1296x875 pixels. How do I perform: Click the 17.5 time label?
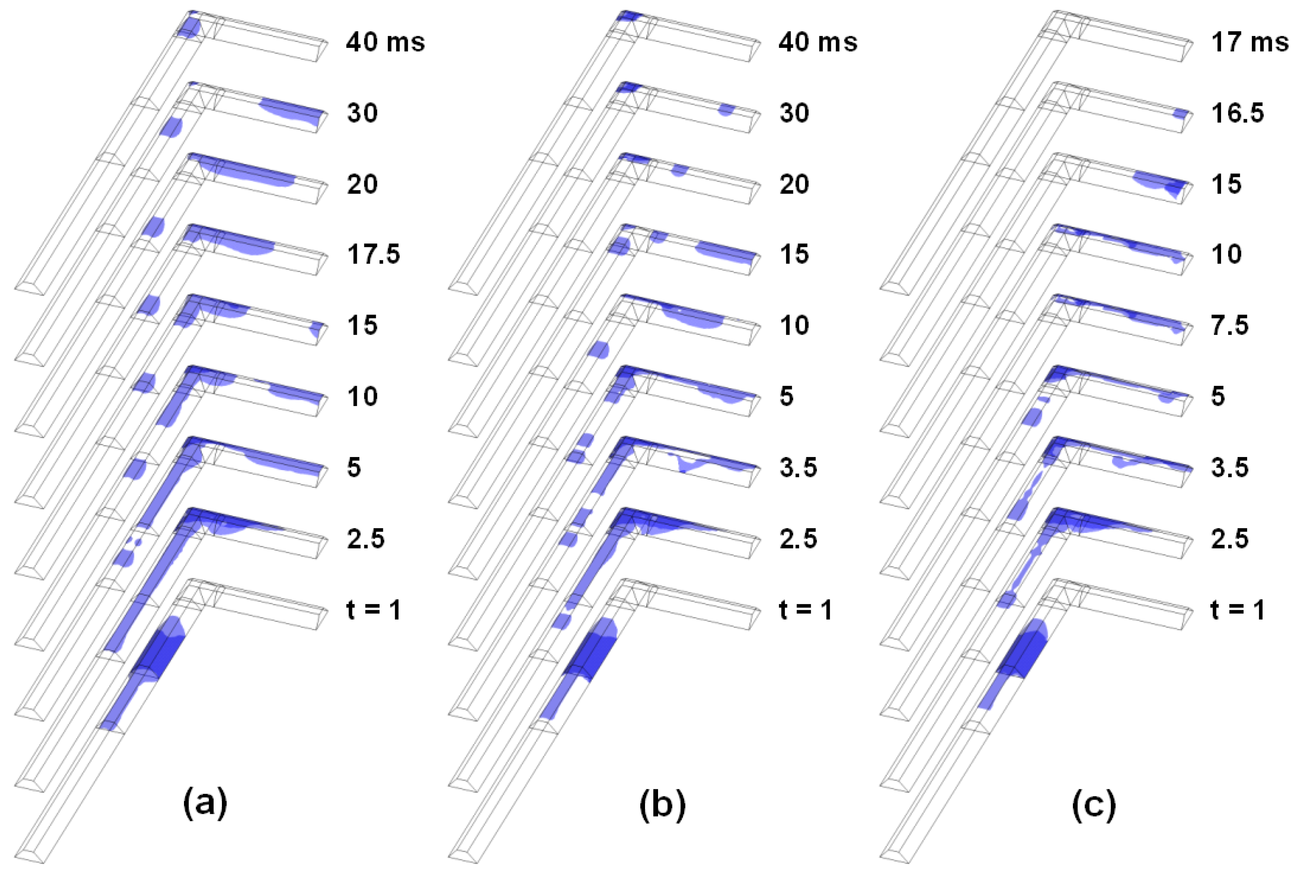pos(373,254)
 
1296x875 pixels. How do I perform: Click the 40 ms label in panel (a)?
pos(385,42)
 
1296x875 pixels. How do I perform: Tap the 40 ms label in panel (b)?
pos(818,42)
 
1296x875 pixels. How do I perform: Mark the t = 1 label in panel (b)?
pos(806,610)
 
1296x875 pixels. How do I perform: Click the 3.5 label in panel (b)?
pos(799,467)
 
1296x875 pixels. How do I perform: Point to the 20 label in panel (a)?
pos(362,184)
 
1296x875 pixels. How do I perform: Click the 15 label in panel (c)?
pos(1226,184)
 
